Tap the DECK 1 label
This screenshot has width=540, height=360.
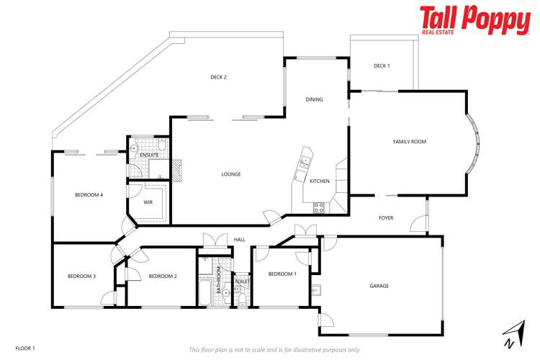(382, 66)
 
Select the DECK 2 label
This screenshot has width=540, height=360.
(219, 77)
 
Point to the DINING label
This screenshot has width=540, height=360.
(314, 99)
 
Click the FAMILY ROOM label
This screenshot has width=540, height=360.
(409, 142)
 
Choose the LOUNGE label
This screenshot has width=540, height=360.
(230, 174)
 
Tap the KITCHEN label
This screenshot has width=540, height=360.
(320, 181)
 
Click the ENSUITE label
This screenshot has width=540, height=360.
(149, 155)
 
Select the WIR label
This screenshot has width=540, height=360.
(148, 202)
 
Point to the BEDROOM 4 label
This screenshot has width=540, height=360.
(89, 195)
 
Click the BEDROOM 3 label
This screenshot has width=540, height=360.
(81, 276)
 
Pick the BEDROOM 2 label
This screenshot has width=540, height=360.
(163, 276)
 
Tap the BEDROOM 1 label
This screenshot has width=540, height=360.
(282, 274)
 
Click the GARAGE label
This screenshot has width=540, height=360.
(379, 286)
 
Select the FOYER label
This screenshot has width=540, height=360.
(386, 217)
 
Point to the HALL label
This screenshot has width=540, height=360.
(240, 240)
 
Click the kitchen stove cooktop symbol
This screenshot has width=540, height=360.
(318, 207)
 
